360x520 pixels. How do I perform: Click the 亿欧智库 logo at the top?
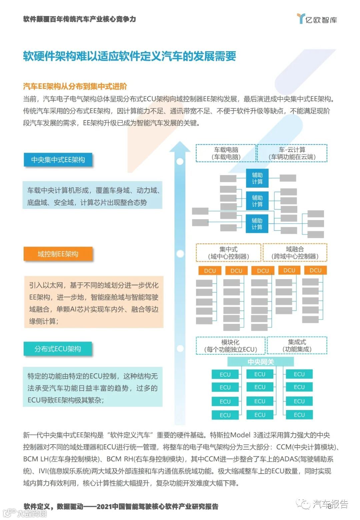317,19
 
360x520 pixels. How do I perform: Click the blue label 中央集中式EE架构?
58,160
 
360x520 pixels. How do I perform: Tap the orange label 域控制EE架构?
58,254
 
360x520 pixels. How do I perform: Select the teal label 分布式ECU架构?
58,349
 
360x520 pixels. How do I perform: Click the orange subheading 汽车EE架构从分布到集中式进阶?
75,87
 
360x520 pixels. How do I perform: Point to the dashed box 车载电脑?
226,153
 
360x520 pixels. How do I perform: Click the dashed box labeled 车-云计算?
292,153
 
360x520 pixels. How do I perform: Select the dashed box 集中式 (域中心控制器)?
228,253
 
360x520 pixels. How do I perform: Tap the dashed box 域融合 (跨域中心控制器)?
295,253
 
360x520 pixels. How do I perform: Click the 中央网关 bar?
261,362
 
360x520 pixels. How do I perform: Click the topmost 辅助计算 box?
257,178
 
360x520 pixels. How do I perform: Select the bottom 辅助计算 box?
257,224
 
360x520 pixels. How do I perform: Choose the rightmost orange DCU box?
315,270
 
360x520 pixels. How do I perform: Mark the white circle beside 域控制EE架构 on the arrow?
180,254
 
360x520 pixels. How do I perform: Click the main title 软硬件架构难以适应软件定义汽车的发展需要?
129,56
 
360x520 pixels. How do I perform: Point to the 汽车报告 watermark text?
330,504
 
